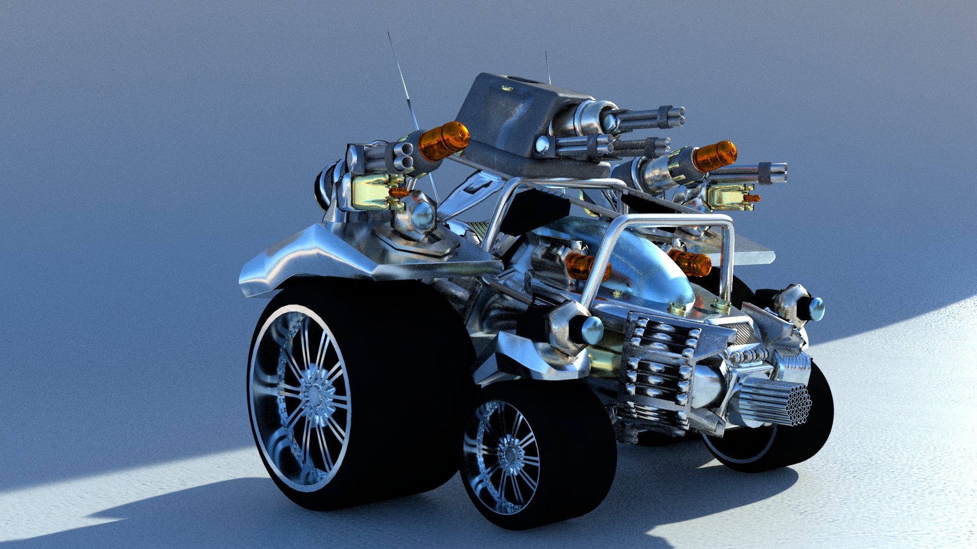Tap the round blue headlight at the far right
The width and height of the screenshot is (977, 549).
816,309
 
